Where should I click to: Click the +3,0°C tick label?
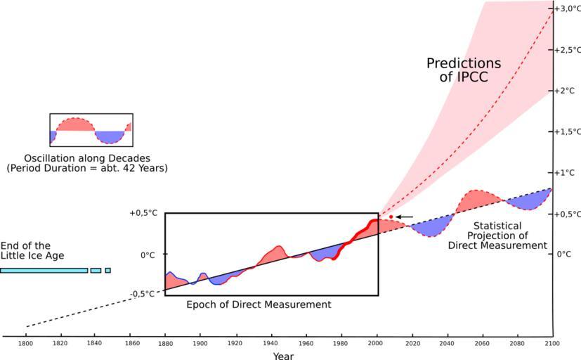pyautogui.click(x=568, y=9)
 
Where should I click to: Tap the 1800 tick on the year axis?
pyautogui.click(x=26, y=344)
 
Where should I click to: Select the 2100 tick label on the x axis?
pyautogui.click(x=551, y=344)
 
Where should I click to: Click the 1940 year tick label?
pyautogui.click(x=270, y=344)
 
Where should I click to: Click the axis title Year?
pyautogui.click(x=284, y=356)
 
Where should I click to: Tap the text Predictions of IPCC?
pyautogui.click(x=464, y=70)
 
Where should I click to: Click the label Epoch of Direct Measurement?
pyautogui.click(x=259, y=304)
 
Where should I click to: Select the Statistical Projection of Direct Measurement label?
pyautogui.click(x=497, y=236)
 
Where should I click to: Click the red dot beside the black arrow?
pyautogui.click(x=391, y=217)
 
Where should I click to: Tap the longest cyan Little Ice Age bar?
pyautogui.click(x=44, y=270)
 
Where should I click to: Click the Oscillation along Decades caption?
pyautogui.click(x=87, y=163)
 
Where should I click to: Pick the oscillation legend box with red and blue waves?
pyautogui.click(x=91, y=130)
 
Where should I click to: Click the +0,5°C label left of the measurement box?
pyautogui.click(x=143, y=214)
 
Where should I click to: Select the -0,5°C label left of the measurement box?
pyautogui.click(x=143, y=294)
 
